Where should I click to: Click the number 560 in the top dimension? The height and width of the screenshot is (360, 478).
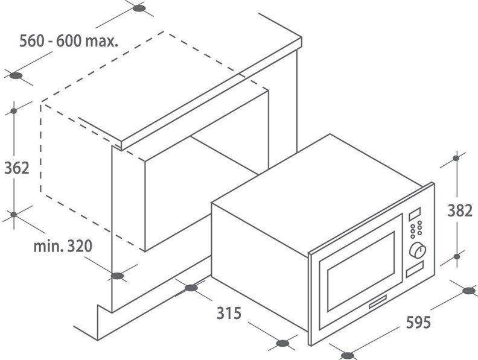click(32, 41)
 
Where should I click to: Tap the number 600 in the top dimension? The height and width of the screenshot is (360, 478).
click(69, 41)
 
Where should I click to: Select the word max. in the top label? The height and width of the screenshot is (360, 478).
click(101, 42)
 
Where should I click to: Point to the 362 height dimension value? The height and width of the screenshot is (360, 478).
click(17, 168)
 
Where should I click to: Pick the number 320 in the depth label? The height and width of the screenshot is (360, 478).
click(80, 246)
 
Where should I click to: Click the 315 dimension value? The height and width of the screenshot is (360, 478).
click(229, 313)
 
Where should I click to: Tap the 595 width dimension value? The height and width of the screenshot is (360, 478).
click(419, 322)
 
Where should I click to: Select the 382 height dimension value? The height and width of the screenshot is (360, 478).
click(460, 210)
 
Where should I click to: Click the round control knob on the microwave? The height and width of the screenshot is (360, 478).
click(417, 251)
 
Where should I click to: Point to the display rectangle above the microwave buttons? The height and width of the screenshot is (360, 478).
click(415, 214)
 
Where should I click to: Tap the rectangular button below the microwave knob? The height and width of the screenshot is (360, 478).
click(415, 269)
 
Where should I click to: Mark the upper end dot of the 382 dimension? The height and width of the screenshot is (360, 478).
click(456, 158)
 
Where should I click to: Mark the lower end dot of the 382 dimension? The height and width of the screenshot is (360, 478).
click(457, 256)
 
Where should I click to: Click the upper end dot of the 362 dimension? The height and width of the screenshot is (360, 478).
click(14, 111)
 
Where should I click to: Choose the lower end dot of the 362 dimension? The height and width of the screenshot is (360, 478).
click(14, 215)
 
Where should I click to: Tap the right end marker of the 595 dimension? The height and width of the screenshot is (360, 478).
click(469, 291)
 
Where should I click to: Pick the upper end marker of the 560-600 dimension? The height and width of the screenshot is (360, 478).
click(139, 8)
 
